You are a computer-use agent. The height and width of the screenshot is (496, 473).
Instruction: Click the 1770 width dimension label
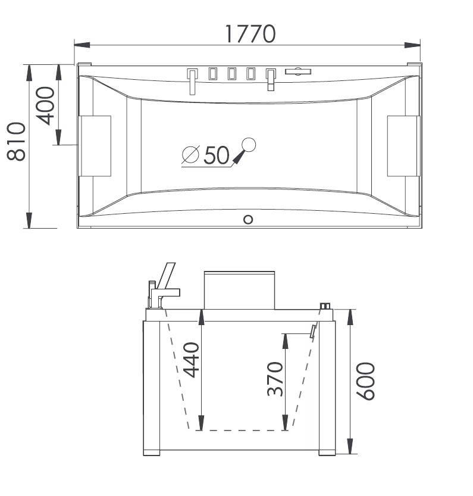[250, 34]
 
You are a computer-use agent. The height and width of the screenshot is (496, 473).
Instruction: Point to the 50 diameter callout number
[216, 155]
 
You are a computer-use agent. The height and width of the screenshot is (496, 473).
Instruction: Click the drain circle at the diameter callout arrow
[248, 144]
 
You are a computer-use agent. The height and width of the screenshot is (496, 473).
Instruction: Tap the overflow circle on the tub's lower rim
[248, 219]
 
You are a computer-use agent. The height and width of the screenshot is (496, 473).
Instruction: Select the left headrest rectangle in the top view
[96, 146]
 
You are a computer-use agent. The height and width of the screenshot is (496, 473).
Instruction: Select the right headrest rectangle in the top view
[403, 146]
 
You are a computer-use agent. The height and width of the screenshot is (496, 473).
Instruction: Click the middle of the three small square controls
[231, 74]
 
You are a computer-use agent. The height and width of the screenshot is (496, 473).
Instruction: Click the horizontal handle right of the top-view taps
[298, 72]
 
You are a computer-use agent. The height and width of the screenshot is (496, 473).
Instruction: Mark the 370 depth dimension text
[274, 379]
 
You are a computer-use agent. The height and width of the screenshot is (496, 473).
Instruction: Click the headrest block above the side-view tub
[239, 291]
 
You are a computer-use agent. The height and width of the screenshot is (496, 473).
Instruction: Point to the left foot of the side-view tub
[152, 453]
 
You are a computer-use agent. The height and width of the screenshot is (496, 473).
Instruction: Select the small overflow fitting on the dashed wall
[313, 332]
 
